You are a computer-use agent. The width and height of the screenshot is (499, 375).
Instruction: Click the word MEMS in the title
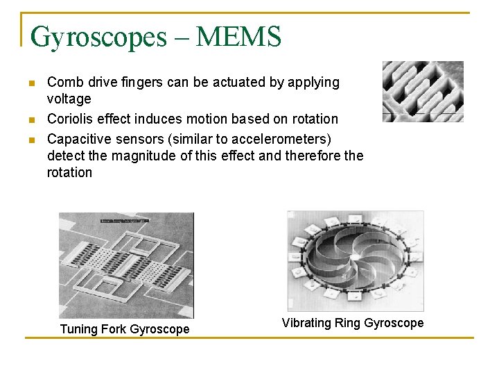(238, 36)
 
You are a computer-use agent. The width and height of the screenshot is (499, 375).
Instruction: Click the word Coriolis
(71, 119)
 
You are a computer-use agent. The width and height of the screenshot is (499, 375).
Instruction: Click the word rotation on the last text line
(69, 173)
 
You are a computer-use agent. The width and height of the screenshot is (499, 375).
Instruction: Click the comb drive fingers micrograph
(422, 91)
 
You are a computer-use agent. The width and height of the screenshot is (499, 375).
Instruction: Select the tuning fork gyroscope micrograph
(126, 265)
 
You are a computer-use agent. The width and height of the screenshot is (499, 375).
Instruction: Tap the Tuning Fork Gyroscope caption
(125, 329)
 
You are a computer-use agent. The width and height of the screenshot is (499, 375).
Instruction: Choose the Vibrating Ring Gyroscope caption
(352, 323)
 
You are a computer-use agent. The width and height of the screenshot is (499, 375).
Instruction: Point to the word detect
(67, 155)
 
